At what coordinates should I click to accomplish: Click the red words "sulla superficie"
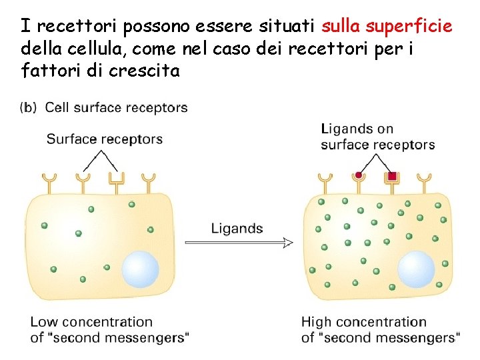[x=387, y=26]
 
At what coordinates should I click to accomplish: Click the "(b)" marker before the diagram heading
[x=29, y=107]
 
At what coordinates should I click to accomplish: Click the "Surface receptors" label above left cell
[x=105, y=139]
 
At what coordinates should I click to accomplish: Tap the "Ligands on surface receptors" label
[x=377, y=137]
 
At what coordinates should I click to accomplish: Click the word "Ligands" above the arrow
[x=237, y=229]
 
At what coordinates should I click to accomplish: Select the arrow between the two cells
[x=239, y=243]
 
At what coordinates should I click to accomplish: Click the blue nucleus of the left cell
[x=140, y=268]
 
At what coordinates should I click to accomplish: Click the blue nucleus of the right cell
[x=416, y=270]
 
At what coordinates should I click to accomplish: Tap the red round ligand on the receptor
[x=359, y=175]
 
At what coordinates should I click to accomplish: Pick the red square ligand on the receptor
[x=392, y=176]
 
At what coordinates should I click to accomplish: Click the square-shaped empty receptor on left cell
[x=117, y=179]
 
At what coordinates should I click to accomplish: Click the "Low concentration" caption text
[x=91, y=322]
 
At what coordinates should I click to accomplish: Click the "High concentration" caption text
[x=364, y=322]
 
